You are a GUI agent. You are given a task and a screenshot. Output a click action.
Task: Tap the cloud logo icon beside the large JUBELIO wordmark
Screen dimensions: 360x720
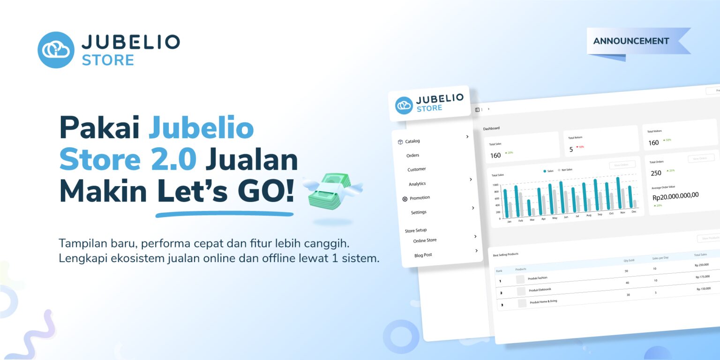56,50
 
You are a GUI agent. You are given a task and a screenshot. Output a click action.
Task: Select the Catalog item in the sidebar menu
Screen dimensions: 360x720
412,141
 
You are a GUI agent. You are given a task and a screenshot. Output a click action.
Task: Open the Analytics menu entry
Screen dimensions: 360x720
417,184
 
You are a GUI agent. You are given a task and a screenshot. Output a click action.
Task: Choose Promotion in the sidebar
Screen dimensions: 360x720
419,198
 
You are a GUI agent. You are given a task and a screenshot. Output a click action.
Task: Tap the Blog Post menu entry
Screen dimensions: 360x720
423,255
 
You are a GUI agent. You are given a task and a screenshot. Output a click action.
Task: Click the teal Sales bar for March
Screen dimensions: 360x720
529,208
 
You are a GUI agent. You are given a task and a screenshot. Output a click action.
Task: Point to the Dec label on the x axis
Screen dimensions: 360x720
634,211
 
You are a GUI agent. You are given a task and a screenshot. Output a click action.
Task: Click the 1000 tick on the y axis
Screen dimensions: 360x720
495,185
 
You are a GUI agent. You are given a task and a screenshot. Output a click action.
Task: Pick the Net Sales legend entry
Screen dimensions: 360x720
567,170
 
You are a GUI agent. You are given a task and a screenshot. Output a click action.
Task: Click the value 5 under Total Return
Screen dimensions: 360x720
571,150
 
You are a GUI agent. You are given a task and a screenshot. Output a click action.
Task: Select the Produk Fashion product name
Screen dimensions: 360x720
537,278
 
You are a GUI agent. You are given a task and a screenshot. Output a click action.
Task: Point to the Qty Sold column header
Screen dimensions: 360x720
629,260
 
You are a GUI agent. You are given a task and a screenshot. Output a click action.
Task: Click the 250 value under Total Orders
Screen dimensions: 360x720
656,173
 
